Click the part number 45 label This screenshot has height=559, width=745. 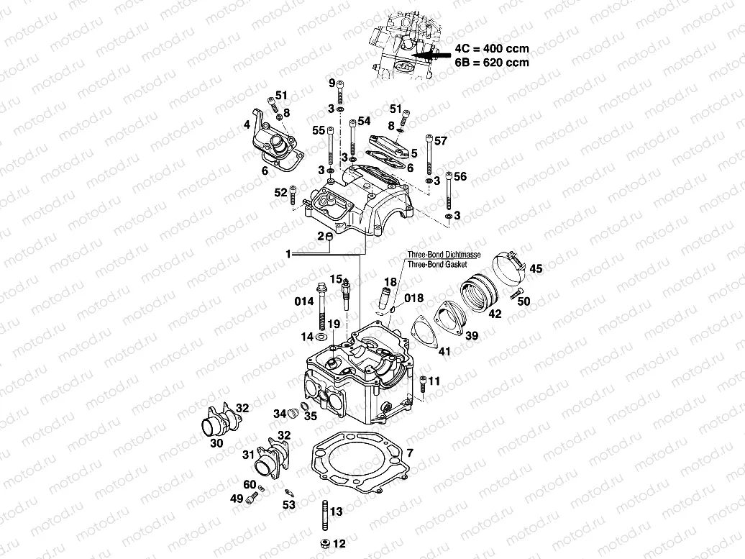[536, 269]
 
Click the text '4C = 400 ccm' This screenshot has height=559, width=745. [492, 49]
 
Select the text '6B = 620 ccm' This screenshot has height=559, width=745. [492, 62]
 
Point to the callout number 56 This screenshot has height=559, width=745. [460, 176]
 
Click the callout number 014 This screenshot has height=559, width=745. [303, 301]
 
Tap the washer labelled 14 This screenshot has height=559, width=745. [323, 337]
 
